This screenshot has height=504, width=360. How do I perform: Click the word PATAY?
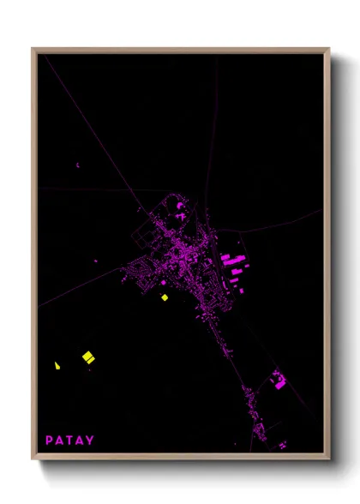coord(70,441)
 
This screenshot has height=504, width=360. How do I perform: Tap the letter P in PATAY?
coord(50,441)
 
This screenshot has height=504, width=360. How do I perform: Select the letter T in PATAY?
coord(70,441)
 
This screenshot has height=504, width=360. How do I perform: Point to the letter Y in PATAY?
coord(91,441)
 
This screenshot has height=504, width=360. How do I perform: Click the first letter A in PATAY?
coord(60,441)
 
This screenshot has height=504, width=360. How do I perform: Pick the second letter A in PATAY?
coord(81,441)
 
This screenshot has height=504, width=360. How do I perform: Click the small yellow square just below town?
coord(165,297)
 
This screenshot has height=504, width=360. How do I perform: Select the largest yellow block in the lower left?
coord(87,356)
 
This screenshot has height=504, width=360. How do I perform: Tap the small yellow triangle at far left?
coord(57,365)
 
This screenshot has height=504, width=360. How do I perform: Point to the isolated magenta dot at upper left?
coord(77,165)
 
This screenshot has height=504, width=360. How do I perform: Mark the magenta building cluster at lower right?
coord(279,380)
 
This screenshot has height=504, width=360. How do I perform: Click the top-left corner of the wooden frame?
coord(33,50)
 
